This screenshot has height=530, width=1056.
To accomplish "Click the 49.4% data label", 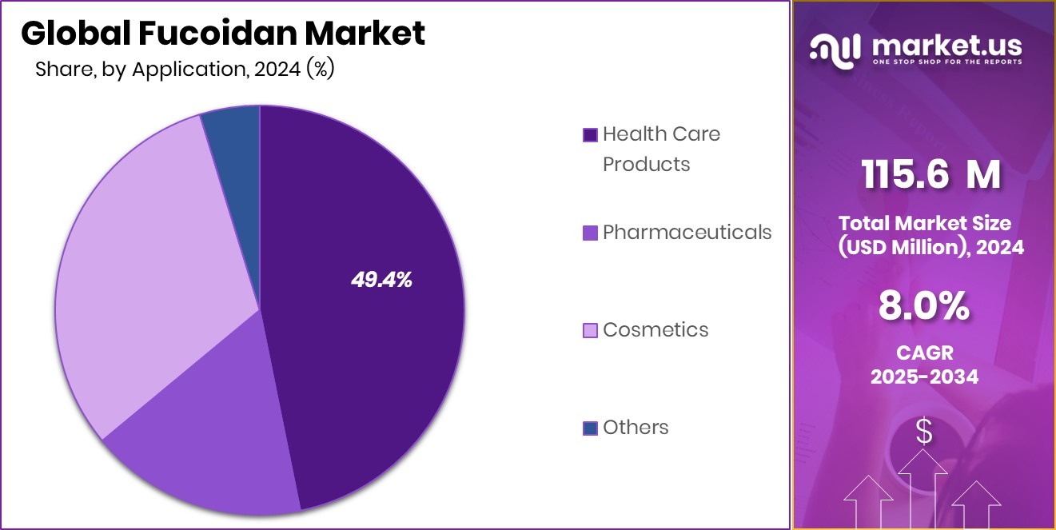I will [x=381, y=280].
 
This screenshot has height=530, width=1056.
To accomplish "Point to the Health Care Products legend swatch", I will [x=590, y=135].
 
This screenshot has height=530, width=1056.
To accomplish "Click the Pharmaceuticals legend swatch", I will [x=590, y=233].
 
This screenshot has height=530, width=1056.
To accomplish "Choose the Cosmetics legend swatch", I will [x=590, y=330].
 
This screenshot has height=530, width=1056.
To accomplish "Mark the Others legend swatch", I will [x=590, y=428].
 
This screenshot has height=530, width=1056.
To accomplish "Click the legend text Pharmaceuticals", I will [x=687, y=233].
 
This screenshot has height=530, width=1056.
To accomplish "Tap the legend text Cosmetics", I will [x=656, y=330].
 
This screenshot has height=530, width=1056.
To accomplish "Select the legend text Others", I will [x=636, y=428].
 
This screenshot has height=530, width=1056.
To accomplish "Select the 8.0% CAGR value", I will [x=923, y=306].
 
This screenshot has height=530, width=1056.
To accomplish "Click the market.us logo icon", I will [x=835, y=50].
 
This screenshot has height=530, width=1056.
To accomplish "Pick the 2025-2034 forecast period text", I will [x=923, y=377].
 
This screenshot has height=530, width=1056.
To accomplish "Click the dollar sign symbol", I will [x=923, y=432].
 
